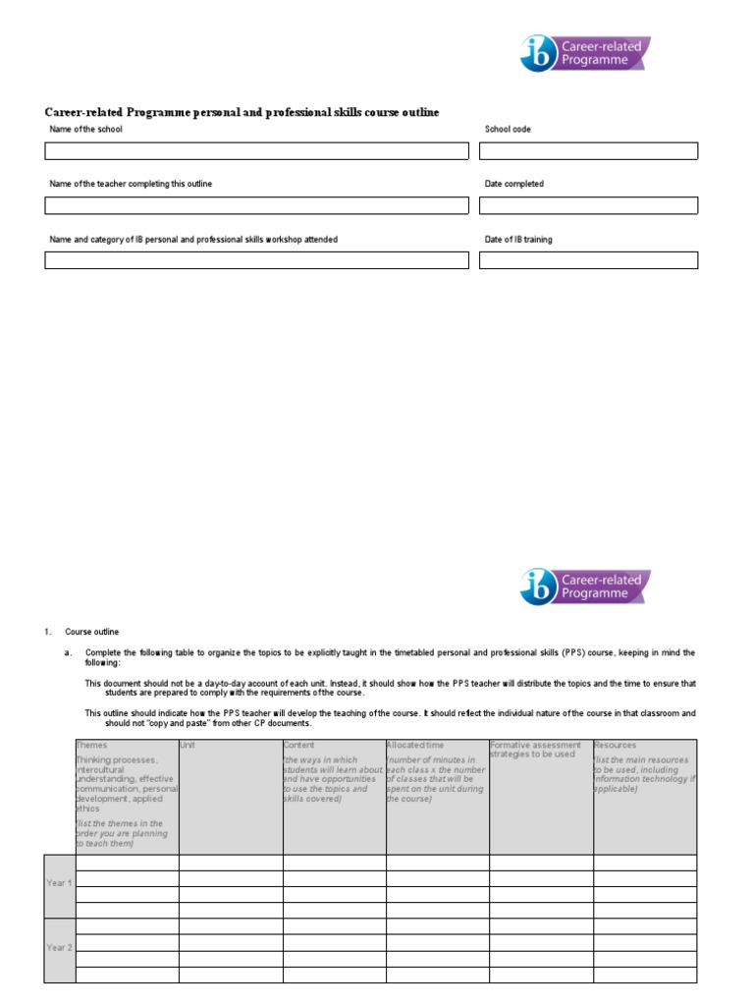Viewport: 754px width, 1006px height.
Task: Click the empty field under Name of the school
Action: tap(256, 151)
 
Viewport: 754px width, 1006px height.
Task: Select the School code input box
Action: tap(588, 151)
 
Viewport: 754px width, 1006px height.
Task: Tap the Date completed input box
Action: tap(588, 205)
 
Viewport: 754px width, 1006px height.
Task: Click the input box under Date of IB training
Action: tap(588, 260)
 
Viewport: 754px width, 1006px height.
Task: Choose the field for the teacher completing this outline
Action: tap(256, 205)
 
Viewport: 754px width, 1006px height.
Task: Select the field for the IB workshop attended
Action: tap(256, 260)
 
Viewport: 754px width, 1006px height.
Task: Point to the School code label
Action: tap(508, 130)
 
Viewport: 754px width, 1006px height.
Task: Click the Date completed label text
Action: tap(513, 185)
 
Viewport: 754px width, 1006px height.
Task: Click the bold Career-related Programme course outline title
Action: tap(242, 113)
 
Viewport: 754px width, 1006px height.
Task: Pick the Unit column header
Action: tap(188, 746)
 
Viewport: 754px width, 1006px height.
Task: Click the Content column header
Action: tap(299, 746)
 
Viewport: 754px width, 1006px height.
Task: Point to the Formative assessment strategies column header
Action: tap(535, 750)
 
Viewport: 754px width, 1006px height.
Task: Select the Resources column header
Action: tap(616, 746)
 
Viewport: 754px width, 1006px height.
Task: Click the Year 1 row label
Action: tap(59, 883)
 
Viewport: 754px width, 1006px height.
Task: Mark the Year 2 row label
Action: tap(59, 948)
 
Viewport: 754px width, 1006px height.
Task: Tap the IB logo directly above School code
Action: tap(584, 54)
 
